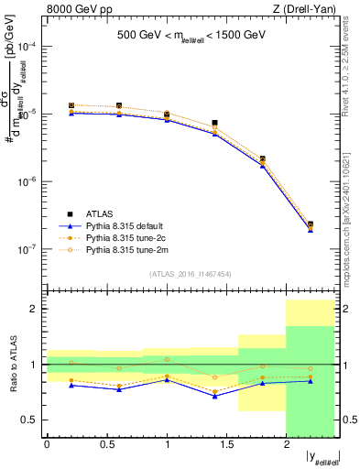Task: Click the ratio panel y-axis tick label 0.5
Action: [x=31, y=420]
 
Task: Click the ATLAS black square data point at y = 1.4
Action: [x=214, y=123]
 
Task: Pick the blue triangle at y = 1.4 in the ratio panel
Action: [x=214, y=397]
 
